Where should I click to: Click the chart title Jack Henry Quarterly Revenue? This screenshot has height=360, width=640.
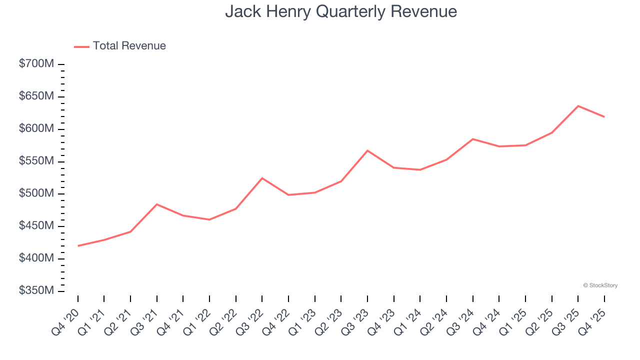pos(341,11)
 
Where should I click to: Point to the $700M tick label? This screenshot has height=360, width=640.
pos(36,64)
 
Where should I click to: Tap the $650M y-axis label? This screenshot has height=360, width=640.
pos(36,96)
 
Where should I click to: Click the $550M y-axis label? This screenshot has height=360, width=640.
pos(36,161)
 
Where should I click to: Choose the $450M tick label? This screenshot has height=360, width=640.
pos(36,226)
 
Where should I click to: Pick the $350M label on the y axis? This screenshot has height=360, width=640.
pos(36,291)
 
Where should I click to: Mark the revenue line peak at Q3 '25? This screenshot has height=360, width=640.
pos(578,106)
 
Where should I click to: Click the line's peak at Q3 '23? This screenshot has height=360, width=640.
pos(367,150)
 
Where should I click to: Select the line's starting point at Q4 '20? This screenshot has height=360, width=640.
pos(78,246)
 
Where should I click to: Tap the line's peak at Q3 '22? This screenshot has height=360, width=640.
pos(262,178)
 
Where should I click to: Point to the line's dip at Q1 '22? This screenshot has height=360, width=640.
pos(209,219)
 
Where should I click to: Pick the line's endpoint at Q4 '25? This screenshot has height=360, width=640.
pos(604,117)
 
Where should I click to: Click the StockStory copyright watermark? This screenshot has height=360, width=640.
pos(600,285)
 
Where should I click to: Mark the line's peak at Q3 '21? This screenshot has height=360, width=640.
pos(157,204)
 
